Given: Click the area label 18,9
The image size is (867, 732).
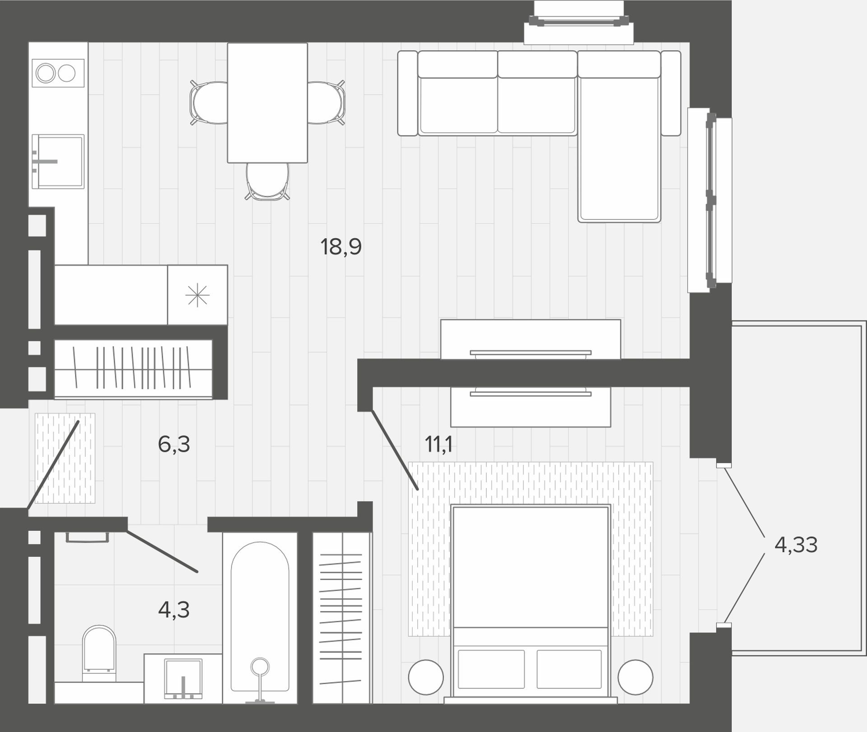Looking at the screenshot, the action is coord(341,247).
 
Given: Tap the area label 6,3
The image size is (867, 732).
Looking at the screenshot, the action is coord(174,444).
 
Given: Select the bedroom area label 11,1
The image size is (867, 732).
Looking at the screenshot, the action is coord(438,445).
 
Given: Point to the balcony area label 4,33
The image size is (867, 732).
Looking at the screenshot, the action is coord(796,545).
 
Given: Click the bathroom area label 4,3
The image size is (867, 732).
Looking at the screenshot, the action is coord(174,610).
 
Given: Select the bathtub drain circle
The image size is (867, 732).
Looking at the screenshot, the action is coord(260,666).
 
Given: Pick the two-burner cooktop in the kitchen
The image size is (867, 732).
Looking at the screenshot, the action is coord(58,73).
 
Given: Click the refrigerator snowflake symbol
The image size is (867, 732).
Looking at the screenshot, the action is coord(197,296).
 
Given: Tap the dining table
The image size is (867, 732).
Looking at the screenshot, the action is coord(267,103).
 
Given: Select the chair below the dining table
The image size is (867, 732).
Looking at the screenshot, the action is coord(267,181).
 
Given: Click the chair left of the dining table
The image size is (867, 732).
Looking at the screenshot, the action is coord(209,103).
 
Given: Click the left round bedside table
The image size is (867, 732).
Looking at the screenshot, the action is coord(426,677).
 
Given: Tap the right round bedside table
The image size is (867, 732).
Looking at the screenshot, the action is coord(635,677).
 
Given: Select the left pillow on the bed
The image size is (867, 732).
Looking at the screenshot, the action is coord(491,669).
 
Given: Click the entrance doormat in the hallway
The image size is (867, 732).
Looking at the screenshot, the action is coord(65,458).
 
